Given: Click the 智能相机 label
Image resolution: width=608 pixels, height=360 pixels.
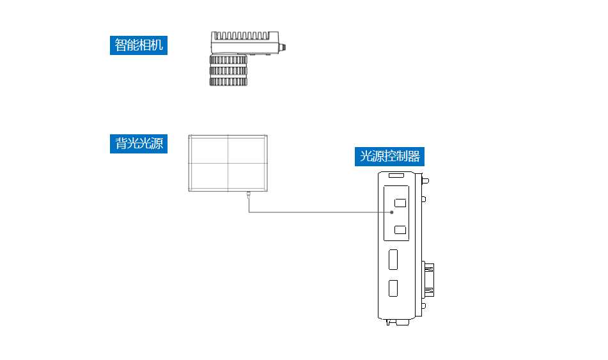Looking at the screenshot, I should tap(138, 45).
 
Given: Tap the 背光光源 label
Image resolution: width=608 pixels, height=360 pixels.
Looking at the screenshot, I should tap(138, 143).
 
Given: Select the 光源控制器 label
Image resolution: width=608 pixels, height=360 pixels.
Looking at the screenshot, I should tap(390, 156).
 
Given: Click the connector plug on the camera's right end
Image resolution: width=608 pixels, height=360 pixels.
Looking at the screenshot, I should tap(282, 47).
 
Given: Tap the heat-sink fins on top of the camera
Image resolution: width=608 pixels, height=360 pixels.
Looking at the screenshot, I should tap(242, 36).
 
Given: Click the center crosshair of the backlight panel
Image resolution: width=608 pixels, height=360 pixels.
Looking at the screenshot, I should tap(228, 162).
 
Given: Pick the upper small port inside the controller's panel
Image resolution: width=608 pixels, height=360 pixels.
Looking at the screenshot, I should tap(401, 203).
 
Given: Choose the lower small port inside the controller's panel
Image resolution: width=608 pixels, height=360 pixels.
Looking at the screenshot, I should tap(401, 230).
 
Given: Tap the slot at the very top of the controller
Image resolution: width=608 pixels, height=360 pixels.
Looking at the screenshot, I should tap(396, 175).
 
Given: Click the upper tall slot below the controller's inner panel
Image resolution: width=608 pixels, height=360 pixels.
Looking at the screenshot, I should tap(394, 260).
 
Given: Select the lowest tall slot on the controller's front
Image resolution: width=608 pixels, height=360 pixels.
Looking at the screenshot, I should tap(394, 288).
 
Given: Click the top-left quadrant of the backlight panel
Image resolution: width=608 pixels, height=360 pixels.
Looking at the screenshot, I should tap(208, 149).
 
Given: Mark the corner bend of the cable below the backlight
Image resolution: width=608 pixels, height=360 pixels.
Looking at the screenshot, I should tap(249, 212).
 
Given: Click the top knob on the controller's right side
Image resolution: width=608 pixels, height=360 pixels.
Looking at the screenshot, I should tap(425, 180).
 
